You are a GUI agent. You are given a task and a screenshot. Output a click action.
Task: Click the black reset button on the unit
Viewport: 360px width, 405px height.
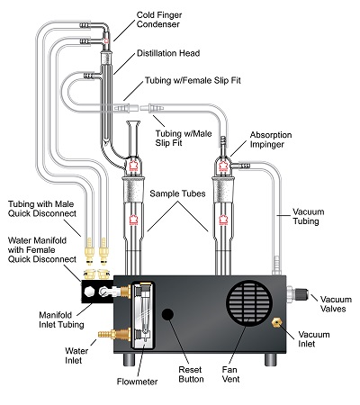tap(167, 314)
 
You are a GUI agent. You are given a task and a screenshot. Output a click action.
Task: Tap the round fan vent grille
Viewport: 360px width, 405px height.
tap(249, 303)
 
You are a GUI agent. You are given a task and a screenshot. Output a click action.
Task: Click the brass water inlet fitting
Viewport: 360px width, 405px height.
tap(114, 334)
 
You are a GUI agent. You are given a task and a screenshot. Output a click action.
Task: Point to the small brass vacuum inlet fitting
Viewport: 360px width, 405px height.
tap(276, 322)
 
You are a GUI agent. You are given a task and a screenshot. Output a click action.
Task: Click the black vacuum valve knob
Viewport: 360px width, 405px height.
tap(302, 293)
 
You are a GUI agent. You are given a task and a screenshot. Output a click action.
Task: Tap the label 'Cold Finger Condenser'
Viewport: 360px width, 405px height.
tap(159, 20)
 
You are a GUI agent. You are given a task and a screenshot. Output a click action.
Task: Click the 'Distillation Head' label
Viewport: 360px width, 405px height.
tap(168, 53)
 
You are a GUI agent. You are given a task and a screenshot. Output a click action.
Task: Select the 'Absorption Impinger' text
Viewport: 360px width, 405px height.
tap(271, 139)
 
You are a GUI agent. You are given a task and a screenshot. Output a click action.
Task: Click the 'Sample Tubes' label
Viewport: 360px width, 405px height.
tap(177, 193)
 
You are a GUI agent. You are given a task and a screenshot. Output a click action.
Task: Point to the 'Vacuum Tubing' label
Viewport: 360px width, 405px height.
tap(309, 216)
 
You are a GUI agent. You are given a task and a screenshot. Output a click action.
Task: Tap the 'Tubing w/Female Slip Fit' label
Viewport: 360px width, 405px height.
tap(193, 80)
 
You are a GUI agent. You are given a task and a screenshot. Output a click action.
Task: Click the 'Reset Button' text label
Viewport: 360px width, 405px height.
tap(191, 374)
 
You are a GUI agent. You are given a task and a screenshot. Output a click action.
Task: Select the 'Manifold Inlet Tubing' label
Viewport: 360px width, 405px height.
tap(61, 319)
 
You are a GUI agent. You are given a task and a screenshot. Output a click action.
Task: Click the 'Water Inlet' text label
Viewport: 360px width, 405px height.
tap(76, 355)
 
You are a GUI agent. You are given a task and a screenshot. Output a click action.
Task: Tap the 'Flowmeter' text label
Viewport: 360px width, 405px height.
tap(137, 382)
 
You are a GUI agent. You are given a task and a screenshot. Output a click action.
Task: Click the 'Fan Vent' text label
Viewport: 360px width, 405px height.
tap(230, 374)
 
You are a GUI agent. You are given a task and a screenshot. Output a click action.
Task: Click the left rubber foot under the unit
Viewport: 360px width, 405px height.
tap(130, 359)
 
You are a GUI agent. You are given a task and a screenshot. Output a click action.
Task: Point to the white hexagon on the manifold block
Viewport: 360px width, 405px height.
tap(89, 292)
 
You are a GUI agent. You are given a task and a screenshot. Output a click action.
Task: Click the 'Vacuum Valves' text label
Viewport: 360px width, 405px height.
tap(336, 304)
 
